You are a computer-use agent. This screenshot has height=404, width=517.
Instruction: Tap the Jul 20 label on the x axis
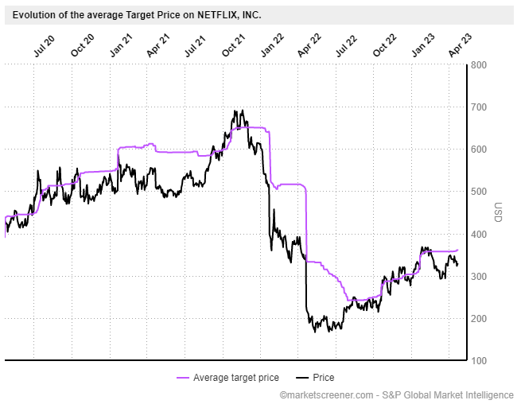[45, 46]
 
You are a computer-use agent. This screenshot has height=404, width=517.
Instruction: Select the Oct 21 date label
[233, 45]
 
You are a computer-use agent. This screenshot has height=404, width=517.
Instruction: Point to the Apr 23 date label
[461, 45]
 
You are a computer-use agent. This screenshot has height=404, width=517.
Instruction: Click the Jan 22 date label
[272, 45]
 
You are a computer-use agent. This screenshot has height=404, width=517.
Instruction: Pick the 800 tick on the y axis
[479, 65]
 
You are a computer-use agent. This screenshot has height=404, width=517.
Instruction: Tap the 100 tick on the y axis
[479, 360]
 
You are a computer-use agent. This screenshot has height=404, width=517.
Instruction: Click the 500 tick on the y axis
[479, 192]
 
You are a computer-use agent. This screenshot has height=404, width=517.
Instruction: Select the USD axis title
[498, 212]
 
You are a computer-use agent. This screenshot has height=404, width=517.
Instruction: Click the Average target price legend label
[236, 377]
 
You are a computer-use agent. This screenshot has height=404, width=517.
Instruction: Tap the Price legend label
[324, 377]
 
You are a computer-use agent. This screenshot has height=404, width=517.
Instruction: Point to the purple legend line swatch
[183, 378]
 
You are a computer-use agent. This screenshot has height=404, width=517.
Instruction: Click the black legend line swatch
[302, 378]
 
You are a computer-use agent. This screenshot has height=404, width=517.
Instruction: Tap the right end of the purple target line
[457, 250]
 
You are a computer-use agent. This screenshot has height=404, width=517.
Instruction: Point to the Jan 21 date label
[121, 45]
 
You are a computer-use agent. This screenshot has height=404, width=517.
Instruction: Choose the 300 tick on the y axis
[479, 277]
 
